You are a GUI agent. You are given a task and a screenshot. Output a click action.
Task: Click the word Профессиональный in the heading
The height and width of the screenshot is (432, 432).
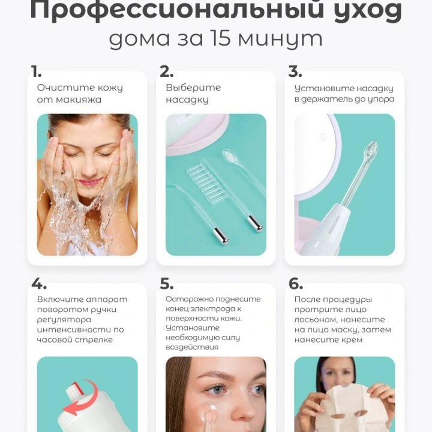(177, 11)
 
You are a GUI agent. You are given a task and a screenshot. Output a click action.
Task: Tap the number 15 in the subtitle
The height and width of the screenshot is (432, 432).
(220, 38)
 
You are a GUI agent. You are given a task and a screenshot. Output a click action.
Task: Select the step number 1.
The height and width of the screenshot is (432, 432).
(36, 71)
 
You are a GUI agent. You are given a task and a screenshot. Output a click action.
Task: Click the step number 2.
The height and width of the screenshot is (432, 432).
(166, 71)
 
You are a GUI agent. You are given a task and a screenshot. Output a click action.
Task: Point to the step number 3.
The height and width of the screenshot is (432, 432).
(295, 71)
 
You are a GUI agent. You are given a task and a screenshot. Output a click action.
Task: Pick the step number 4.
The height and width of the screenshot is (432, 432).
(39, 283)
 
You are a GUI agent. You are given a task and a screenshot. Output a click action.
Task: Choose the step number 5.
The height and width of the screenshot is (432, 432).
(167, 283)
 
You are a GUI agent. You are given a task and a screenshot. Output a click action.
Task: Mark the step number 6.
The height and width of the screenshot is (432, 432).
(296, 283)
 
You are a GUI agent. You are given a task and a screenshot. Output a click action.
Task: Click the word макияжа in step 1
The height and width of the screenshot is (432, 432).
(79, 100)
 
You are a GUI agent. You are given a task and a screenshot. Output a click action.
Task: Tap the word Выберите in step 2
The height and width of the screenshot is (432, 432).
(193, 88)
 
